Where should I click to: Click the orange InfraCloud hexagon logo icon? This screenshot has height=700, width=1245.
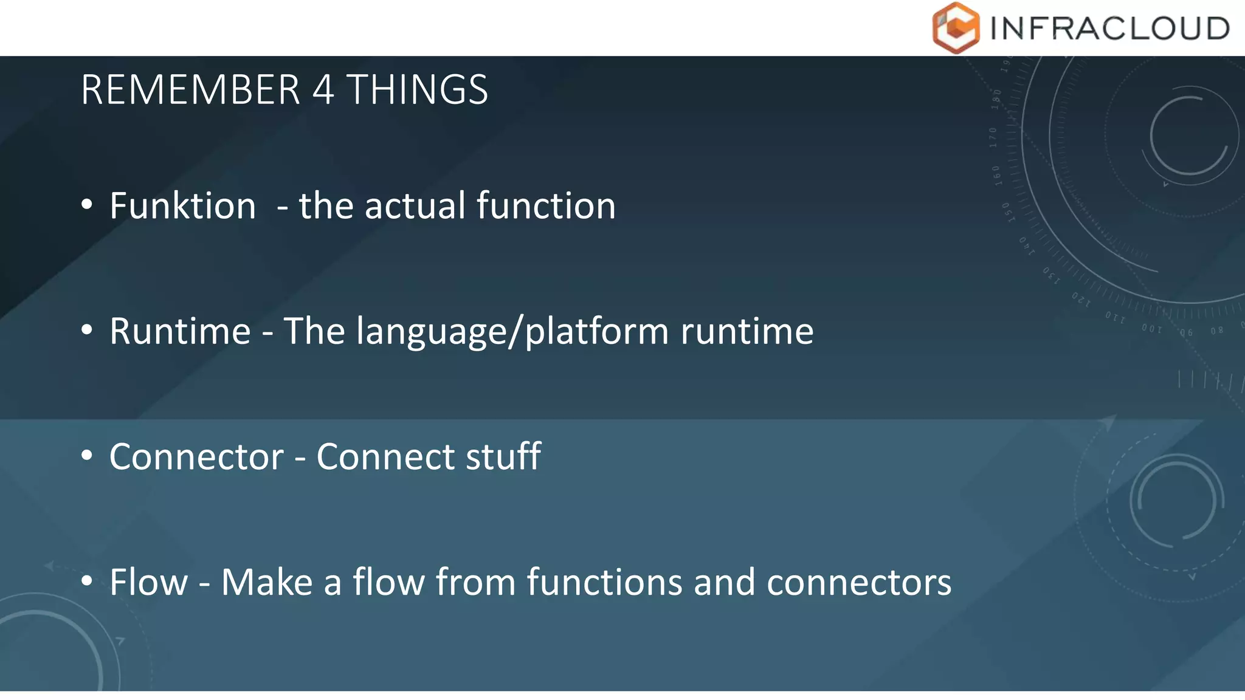coord(956,28)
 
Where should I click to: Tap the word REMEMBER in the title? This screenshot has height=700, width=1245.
coord(190,90)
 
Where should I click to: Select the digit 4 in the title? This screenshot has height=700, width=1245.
coord(323,90)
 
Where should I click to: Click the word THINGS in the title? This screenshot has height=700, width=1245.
coord(417,90)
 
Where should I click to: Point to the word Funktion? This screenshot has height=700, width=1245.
coord(182,205)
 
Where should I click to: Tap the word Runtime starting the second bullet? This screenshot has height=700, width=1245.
coord(180,331)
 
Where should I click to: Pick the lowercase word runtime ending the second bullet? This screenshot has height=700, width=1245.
coord(747,331)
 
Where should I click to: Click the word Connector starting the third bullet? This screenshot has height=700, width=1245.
coord(196,456)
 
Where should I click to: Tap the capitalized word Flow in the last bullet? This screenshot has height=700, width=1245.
coord(149,582)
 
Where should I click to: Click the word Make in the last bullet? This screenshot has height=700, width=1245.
coord(267,582)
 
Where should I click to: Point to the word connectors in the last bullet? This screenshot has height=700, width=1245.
coord(858,582)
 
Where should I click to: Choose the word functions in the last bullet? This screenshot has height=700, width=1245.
coord(604,582)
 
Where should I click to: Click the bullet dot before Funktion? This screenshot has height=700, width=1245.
coord(87,205)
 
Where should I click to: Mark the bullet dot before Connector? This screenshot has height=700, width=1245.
coord(87,455)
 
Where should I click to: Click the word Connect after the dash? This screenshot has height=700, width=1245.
coord(385,456)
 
